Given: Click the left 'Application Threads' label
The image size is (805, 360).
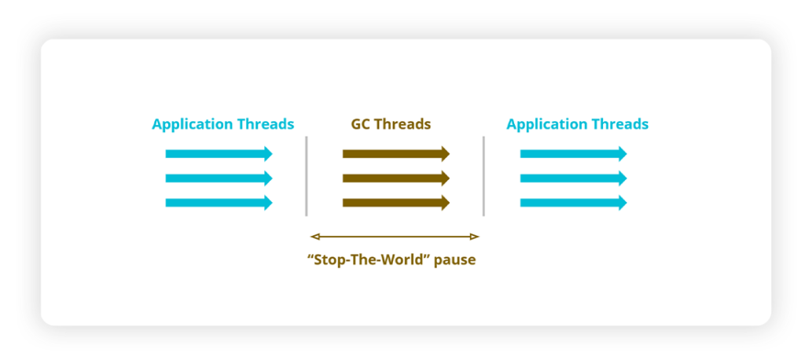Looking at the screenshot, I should point(222,124).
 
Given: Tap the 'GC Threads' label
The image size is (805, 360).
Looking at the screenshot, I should point(391,124).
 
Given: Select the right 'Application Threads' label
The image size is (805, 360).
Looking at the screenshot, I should point(577,124).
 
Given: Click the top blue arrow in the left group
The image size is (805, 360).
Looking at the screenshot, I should point(219,153).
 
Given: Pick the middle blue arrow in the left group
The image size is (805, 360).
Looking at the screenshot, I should point(219,178).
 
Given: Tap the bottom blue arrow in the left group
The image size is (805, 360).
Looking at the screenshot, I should point(219,203).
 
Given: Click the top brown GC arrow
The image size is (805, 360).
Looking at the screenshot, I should point(395,153).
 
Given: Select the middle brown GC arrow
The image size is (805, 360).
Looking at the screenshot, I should point(395,178).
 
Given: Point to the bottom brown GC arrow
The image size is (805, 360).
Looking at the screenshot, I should point(395,203).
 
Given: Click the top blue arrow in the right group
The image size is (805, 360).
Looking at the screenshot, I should point(573,153).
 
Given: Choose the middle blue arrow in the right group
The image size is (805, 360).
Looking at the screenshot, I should point(573,178).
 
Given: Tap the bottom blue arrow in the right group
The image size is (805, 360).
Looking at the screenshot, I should point(573,203).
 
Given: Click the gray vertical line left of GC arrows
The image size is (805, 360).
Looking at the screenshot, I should point(307,176).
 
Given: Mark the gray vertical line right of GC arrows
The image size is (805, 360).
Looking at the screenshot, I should point(483,176).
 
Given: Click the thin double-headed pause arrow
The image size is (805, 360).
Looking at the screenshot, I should point(395,236).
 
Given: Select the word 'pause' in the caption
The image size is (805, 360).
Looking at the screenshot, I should point(454,259).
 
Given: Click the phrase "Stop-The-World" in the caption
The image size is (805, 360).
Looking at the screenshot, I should point(369,259).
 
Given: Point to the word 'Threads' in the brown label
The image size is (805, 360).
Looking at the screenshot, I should point(404,124).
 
